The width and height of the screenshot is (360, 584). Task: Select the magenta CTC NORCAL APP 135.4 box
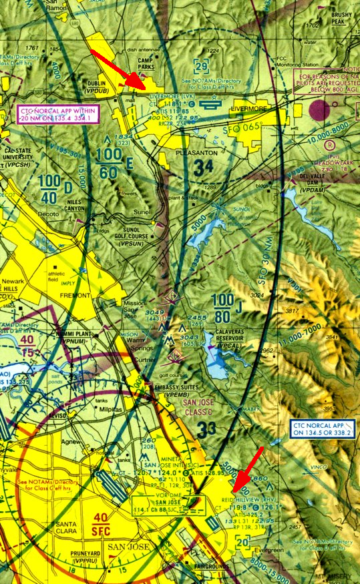[56, 114]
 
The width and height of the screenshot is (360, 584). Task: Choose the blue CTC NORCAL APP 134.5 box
[322, 428]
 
